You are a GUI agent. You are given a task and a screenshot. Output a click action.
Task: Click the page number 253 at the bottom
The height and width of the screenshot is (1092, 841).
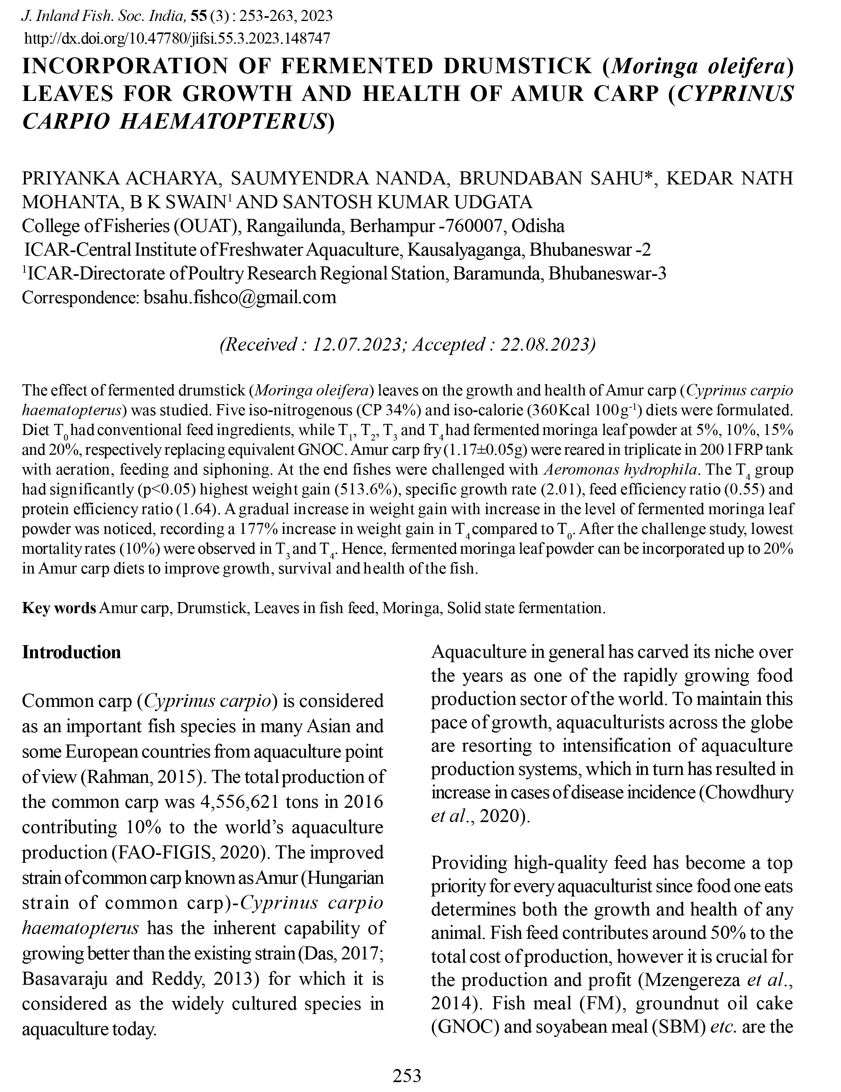coord(407,1075)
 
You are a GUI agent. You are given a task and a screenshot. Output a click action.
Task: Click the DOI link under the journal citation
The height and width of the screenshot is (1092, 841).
coord(177,38)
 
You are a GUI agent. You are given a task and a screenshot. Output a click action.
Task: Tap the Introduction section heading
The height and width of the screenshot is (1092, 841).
coord(72,653)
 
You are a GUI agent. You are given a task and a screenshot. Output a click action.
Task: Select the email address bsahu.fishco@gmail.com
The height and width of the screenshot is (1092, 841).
coord(240,298)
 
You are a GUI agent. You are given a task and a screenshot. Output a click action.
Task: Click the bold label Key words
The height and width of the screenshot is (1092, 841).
coord(59,608)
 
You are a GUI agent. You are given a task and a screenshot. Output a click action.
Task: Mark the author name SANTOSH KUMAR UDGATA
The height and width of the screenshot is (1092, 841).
coord(407,202)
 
